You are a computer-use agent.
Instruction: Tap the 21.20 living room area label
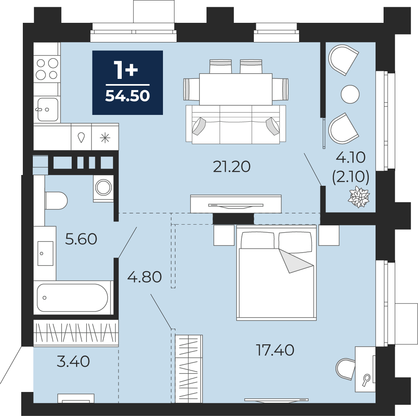[232, 167]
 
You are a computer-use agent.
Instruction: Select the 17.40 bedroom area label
[275, 350]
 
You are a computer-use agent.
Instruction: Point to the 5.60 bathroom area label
[81, 239]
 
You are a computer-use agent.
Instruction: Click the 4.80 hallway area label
[145, 277]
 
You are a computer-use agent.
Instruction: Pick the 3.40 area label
[73, 362]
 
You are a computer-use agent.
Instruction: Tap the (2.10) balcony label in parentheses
[351, 177]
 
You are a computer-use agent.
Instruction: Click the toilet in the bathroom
[56, 201]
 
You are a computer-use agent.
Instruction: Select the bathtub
[72, 297]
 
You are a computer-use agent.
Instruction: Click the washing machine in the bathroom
[103, 187]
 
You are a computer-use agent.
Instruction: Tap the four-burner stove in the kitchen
[47, 69]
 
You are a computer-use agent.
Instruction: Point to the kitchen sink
[47, 109]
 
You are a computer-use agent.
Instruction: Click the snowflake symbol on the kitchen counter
[105, 138]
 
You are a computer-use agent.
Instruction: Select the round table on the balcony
[350, 94]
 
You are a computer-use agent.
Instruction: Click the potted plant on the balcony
[360, 197]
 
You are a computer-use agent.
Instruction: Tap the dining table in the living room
[236, 89]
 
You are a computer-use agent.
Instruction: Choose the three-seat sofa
[236, 124]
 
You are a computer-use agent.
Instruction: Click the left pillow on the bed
[257, 240]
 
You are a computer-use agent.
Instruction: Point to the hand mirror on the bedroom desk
[366, 380]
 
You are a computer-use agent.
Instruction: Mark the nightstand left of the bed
[224, 235]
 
